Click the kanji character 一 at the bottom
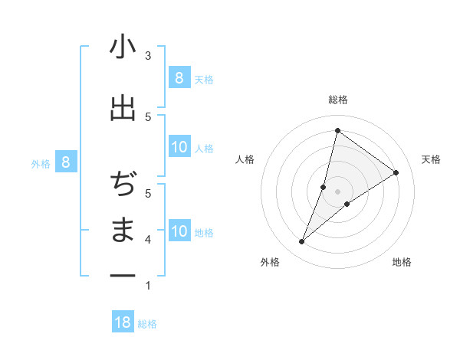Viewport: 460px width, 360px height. coord(123,274)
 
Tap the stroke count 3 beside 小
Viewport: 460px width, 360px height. coord(148,56)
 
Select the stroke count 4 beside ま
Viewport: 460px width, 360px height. coord(148,240)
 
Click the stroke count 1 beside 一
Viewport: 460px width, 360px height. coord(148,286)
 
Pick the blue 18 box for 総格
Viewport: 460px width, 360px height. coord(123,322)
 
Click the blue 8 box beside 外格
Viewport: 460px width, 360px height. coord(66,162)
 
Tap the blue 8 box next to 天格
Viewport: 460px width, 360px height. coord(179,77)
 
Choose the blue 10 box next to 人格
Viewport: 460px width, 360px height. coord(179,147)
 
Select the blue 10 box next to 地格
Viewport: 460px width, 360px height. coord(179,231)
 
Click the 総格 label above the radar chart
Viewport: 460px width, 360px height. coord(337,100)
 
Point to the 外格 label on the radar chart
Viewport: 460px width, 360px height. coord(270,262)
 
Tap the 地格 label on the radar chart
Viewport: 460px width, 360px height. coord(402,262)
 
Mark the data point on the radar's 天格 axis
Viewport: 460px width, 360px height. coord(396,172)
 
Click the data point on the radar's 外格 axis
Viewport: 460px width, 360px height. coord(302,242)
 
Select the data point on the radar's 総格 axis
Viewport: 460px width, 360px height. coord(337,131)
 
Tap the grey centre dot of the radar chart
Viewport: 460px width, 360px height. coord(337,191)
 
